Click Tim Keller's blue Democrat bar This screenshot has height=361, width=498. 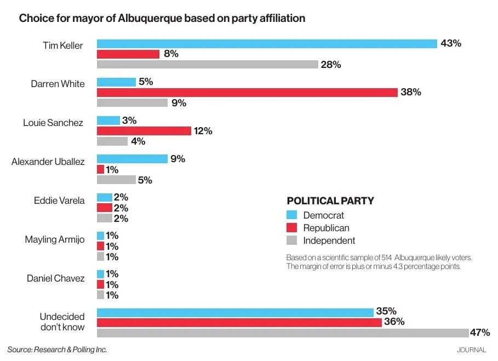267,44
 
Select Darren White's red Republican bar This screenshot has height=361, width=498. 247,93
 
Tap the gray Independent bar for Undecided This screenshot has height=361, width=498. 283,333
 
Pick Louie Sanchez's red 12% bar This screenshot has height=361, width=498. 144,131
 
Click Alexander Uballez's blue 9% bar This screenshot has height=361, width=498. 132,159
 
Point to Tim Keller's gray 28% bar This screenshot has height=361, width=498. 208,65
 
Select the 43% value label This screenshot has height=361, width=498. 451,44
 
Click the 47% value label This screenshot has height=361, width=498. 480,333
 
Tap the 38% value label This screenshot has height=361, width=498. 411,93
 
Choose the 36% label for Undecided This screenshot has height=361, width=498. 394,322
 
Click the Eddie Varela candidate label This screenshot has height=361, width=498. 59,200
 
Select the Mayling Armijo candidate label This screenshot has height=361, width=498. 55,239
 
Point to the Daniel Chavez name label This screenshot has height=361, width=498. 56,278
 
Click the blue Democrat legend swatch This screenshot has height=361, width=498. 292,215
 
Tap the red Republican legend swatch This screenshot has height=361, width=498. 292,228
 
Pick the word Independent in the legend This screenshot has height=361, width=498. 329,240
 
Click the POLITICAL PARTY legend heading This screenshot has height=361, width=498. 330,200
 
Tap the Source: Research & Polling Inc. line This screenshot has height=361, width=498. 57,349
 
